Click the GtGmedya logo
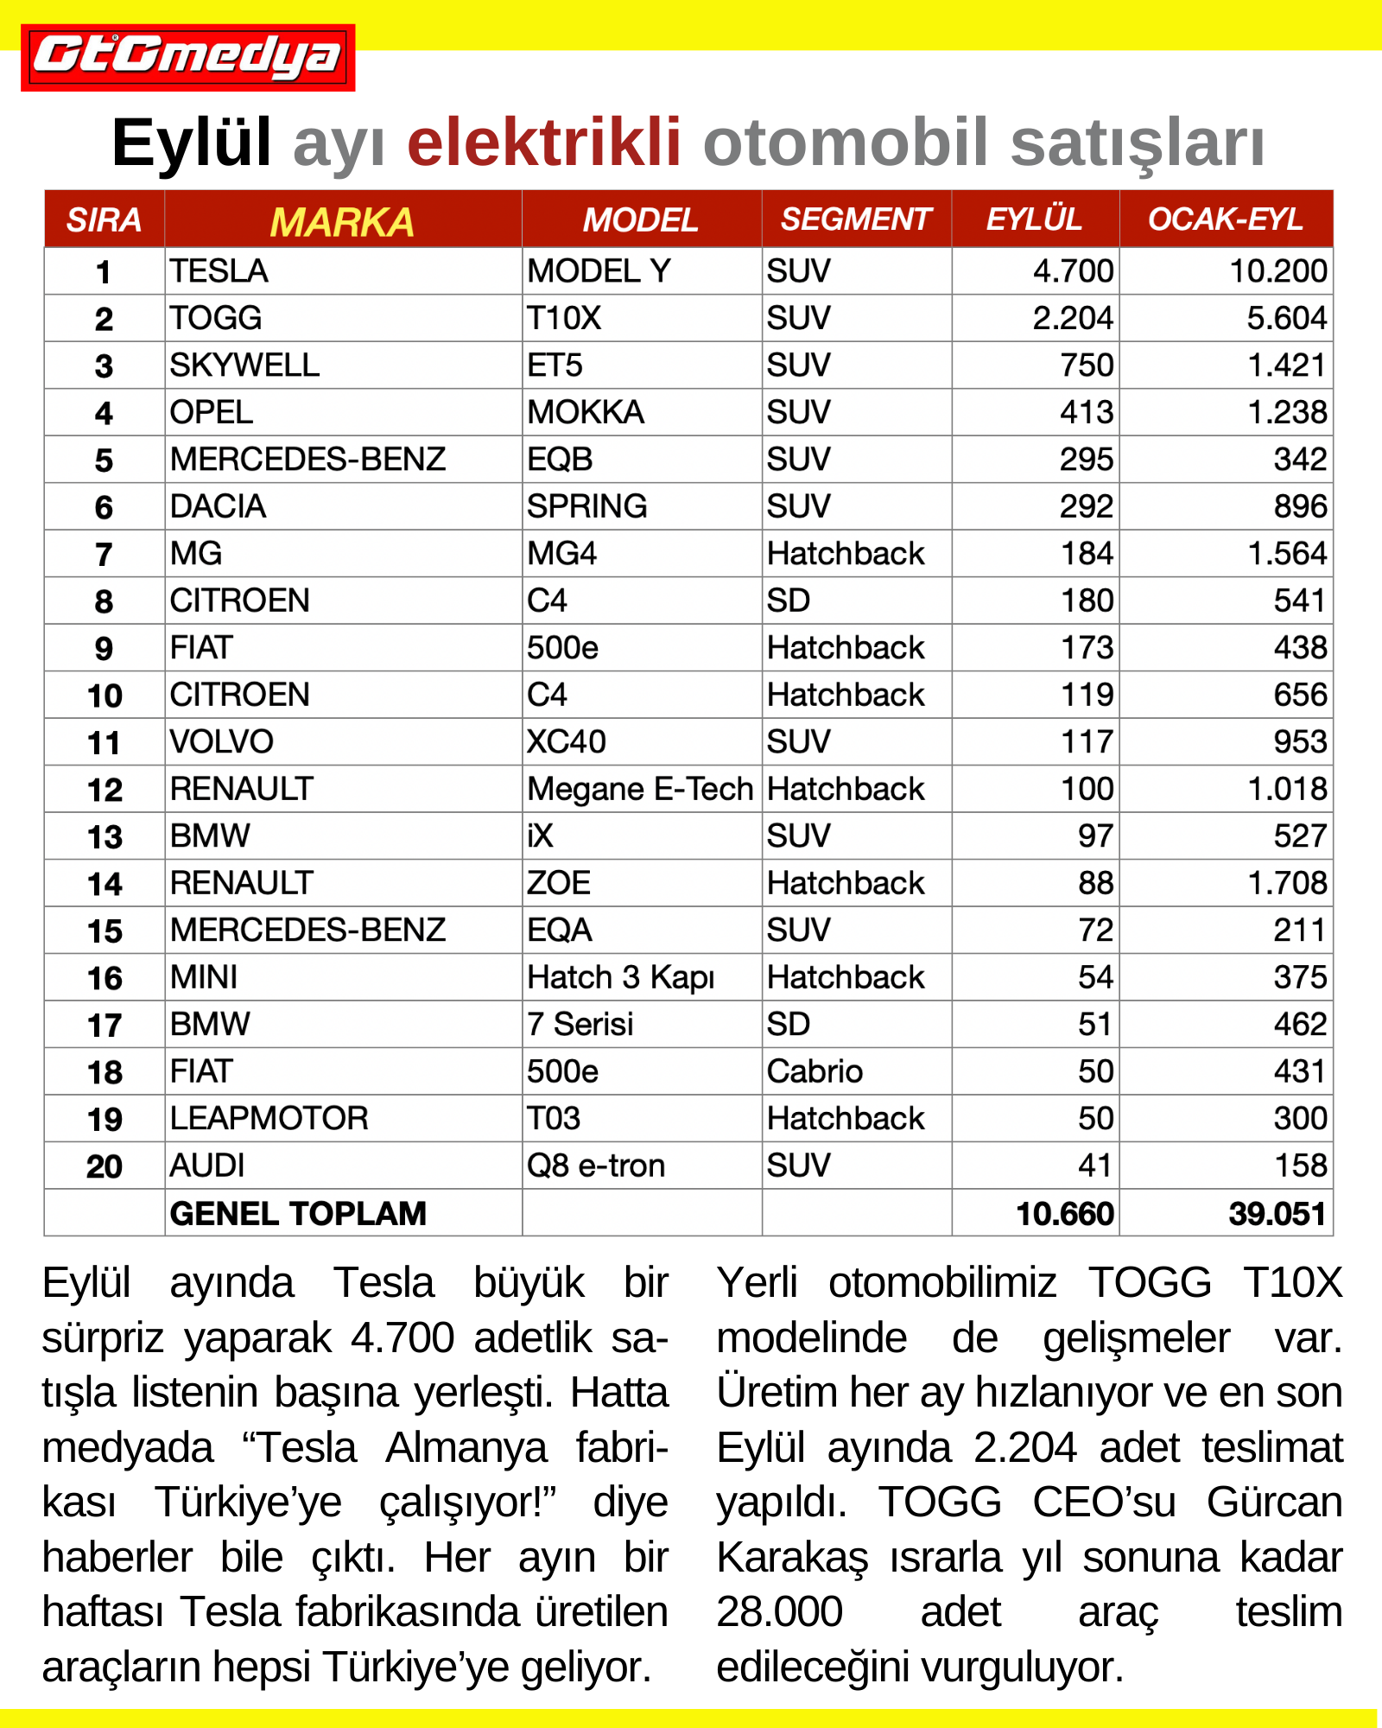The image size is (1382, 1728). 187,57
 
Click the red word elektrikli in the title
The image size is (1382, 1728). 544,143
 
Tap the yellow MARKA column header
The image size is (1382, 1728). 342,222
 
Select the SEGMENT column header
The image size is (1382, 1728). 855,219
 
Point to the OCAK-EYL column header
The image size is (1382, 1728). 1225,219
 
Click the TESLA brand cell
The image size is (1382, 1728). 219,271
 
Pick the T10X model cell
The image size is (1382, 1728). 564,319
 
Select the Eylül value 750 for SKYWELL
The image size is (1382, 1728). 1087,365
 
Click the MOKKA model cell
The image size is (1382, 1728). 586,413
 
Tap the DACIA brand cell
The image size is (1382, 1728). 218,507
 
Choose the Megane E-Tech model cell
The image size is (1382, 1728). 640,790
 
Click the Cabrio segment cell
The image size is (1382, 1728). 815,1072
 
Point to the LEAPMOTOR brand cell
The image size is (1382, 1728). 269,1119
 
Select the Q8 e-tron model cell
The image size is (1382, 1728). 596,1166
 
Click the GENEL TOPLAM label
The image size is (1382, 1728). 298,1214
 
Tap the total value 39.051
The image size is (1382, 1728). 1277,1214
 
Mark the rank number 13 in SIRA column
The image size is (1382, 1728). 105,837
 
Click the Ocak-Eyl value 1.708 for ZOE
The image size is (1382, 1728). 1286,884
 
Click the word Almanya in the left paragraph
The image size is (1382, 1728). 466,1448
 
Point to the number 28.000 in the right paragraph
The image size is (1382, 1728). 779,1612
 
